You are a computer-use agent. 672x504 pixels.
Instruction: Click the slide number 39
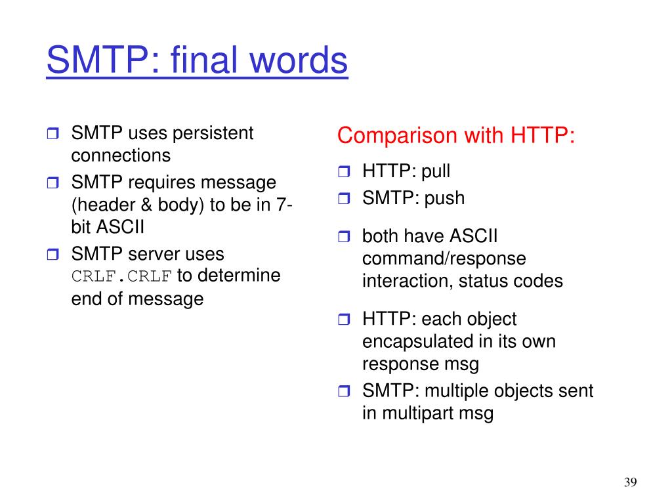tap(631, 482)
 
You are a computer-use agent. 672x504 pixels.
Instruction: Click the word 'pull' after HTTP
tap(436, 171)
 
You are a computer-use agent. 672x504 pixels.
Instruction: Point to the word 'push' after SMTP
tap(444, 198)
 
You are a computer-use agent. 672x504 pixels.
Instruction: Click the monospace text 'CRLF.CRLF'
tap(121, 276)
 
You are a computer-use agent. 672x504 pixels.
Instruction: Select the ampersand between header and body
tap(146, 205)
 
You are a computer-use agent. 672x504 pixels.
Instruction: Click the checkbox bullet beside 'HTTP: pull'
tap(344, 172)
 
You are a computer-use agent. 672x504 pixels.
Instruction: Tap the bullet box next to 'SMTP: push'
tap(344, 198)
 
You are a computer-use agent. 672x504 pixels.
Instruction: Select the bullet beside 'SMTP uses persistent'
tap(52, 133)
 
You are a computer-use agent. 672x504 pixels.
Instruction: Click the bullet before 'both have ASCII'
tap(344, 236)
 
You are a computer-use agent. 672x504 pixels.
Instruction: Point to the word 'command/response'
tap(444, 259)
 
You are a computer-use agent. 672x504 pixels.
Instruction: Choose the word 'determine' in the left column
tap(239, 275)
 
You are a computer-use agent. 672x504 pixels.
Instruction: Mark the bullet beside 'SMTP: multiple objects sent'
tap(344, 391)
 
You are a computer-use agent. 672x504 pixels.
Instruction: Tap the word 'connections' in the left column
tap(121, 156)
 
